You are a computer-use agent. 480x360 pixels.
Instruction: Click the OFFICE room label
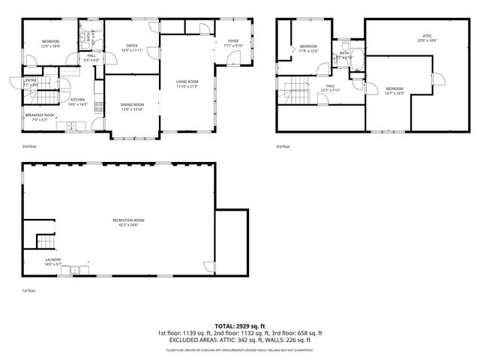[132, 46]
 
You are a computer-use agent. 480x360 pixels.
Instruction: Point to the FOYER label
[233, 42]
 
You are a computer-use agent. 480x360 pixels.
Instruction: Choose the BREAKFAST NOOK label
[39, 115]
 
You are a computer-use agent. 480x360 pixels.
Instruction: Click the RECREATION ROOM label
[126, 220]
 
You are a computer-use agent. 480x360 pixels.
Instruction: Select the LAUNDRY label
[52, 259]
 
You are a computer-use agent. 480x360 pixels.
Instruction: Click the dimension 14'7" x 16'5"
[394, 94]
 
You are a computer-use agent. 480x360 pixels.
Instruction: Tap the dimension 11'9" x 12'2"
[309, 51]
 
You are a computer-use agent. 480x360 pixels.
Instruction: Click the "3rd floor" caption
[283, 147]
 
